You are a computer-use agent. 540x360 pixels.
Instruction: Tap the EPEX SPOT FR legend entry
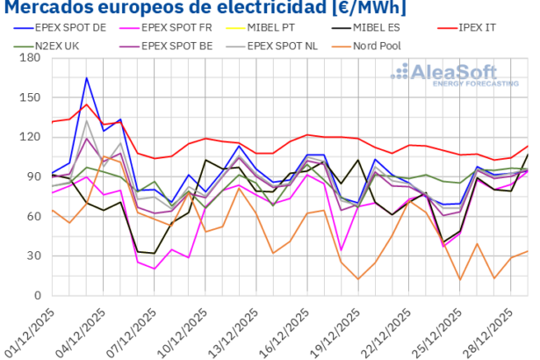184,28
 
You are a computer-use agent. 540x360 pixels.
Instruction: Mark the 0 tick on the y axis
37,295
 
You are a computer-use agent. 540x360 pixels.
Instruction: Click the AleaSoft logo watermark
453,74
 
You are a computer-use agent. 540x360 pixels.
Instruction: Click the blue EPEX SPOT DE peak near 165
86,78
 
